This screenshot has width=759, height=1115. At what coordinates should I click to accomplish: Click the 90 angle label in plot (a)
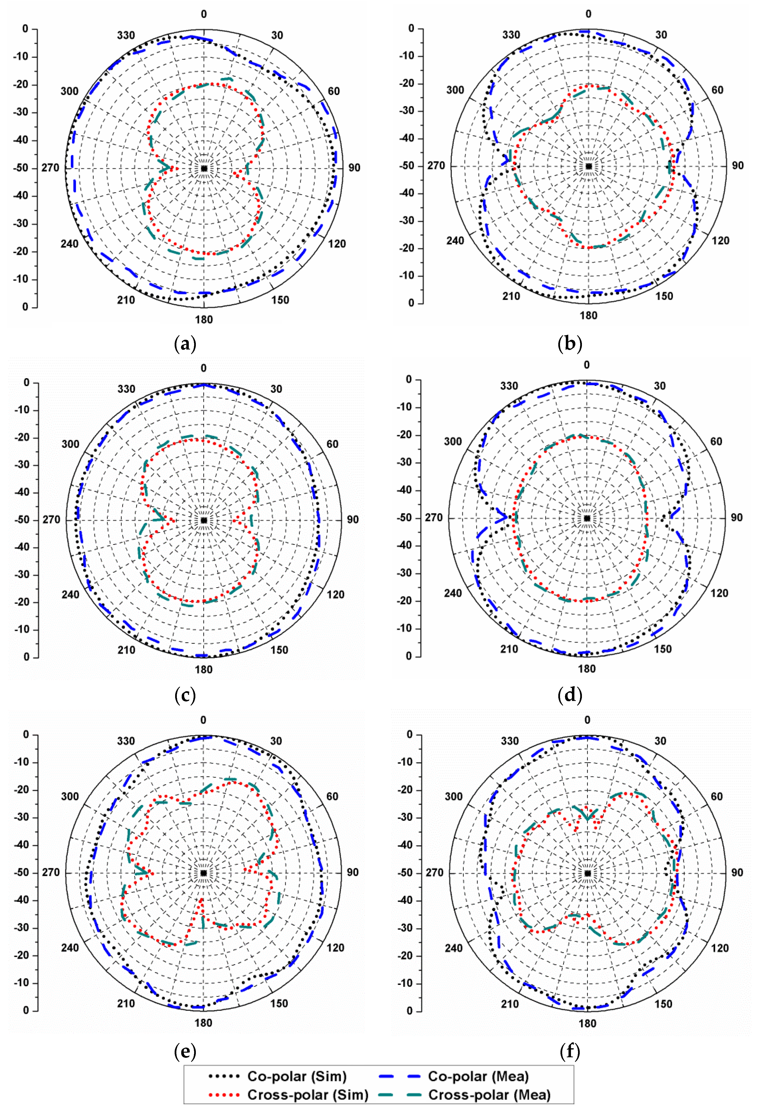(354, 168)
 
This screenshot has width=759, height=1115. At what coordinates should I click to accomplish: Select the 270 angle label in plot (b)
(436, 166)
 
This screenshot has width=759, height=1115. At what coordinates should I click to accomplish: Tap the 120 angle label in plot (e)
(335, 948)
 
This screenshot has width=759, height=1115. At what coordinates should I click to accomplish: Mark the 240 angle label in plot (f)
(453, 948)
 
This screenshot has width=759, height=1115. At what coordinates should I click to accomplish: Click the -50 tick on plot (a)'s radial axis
(22, 168)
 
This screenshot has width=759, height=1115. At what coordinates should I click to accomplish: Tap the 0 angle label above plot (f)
(587, 720)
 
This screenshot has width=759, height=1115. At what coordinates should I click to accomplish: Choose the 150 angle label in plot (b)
(664, 296)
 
